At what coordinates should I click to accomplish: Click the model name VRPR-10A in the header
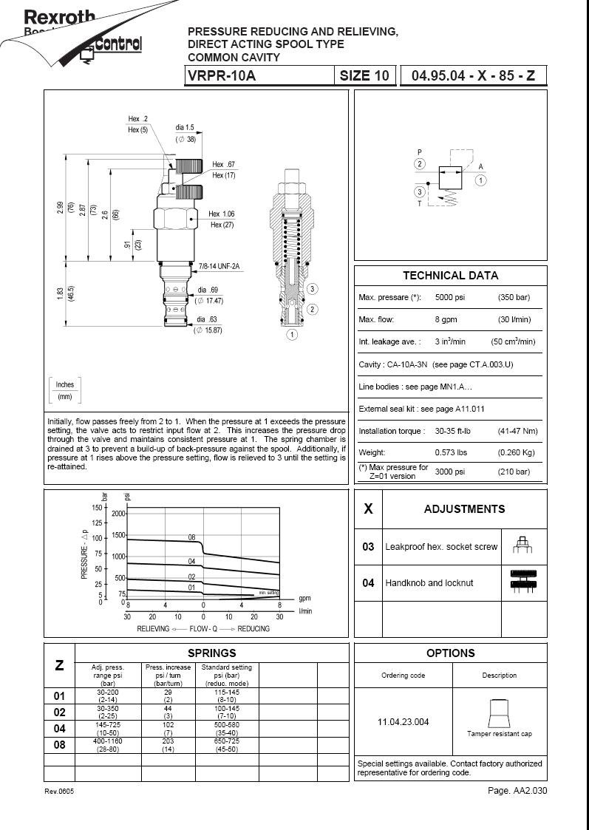(x=222, y=76)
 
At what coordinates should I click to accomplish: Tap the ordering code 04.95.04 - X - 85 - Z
(x=473, y=76)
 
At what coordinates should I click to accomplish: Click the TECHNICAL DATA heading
(x=450, y=276)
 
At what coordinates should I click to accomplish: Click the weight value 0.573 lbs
(x=451, y=452)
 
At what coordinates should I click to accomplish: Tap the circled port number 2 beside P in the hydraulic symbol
(x=420, y=164)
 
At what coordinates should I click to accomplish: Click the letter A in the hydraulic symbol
(x=480, y=167)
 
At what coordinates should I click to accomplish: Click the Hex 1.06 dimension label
(x=222, y=214)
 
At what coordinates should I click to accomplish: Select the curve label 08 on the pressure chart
(x=191, y=537)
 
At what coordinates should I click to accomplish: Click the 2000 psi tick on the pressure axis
(x=119, y=513)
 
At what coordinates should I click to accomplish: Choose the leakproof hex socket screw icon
(x=523, y=546)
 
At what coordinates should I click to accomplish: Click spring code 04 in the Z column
(x=60, y=729)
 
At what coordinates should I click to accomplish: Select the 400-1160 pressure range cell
(x=108, y=741)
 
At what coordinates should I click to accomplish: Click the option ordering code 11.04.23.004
(x=403, y=722)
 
